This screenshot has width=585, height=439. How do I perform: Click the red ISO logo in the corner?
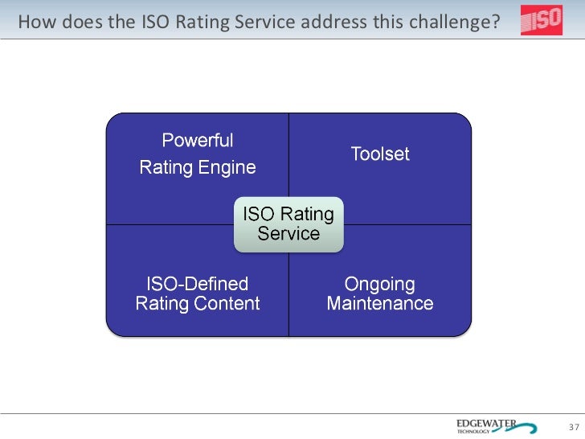[x=541, y=21]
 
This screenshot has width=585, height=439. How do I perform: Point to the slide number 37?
[x=574, y=426]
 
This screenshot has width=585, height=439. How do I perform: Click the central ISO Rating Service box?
[x=288, y=224]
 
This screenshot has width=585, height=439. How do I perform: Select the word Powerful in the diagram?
[x=198, y=141]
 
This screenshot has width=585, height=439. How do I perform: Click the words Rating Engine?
[x=198, y=167]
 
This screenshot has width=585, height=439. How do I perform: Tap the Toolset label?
[x=380, y=154]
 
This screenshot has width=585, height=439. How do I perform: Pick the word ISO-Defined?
[x=197, y=284]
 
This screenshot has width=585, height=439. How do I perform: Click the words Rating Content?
[x=197, y=304]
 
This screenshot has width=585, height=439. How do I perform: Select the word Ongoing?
[x=380, y=284]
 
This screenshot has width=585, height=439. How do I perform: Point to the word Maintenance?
[x=380, y=304]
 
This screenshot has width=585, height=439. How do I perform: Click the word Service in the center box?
[x=288, y=234]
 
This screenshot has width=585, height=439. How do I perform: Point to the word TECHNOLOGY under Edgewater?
[x=473, y=432]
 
